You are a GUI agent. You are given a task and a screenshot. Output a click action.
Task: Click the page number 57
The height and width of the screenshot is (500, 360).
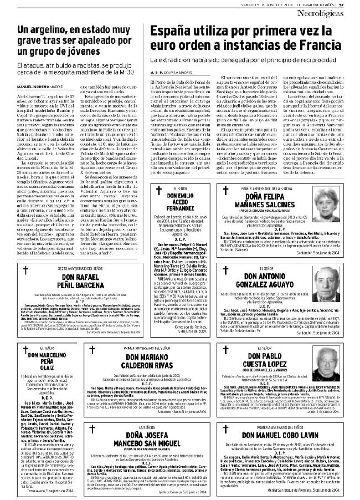[x=355, y=5]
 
